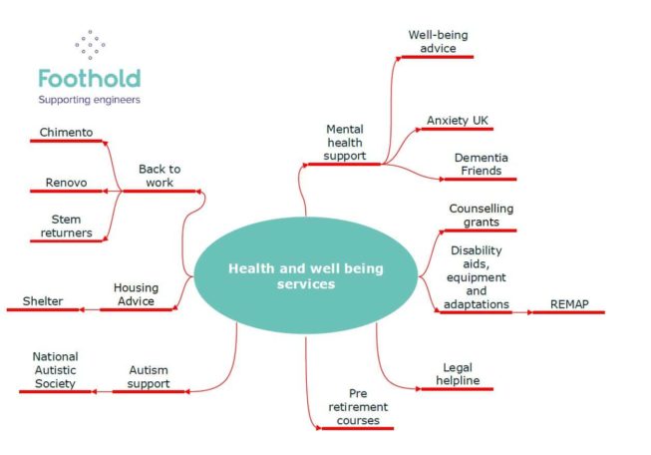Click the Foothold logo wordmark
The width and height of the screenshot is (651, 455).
coord(90,79)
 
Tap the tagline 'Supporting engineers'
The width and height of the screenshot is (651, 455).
coord(90,100)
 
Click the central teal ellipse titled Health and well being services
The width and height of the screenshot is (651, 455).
coord(306,276)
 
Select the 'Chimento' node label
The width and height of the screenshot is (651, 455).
coord(66,132)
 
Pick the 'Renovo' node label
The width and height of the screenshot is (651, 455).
coord(66,183)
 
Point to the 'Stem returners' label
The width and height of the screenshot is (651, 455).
coord(66,227)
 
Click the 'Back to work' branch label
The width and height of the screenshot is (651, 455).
coord(160,176)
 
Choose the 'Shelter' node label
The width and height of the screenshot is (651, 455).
coord(43,301)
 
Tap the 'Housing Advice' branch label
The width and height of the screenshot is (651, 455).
coord(136,294)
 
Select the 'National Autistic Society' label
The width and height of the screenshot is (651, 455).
coord(55,370)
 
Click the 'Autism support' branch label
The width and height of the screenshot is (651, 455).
coord(149,376)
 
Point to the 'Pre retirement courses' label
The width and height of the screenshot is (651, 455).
coord(358,407)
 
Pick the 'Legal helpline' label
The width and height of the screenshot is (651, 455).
coord(458,374)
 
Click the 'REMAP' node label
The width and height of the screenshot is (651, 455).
coord(569,304)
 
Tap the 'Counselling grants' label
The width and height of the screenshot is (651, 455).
coord(482,215)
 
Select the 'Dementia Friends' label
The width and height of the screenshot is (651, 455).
coord(482,164)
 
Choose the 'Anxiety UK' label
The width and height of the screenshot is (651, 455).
coord(458,121)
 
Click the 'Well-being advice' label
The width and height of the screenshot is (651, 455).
coord(438,42)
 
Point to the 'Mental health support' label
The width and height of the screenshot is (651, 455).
coord(345,143)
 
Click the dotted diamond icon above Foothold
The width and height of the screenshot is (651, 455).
coord(90,45)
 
